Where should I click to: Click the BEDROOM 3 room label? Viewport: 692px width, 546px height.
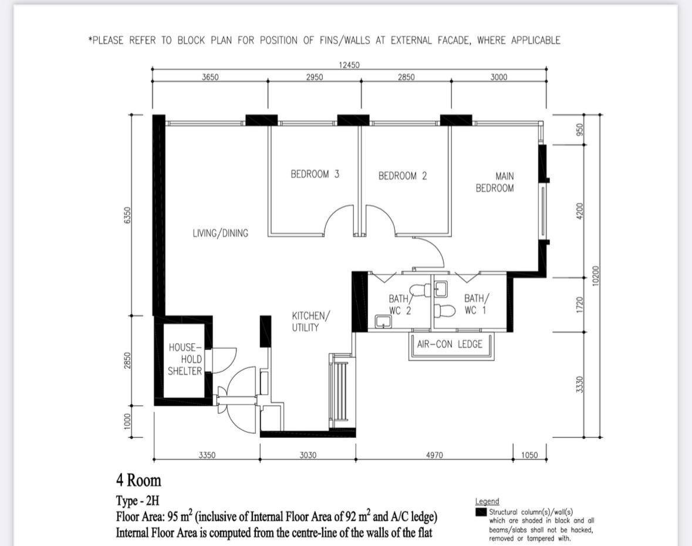coord(315,174)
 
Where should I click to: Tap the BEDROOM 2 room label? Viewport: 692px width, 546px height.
coord(402,176)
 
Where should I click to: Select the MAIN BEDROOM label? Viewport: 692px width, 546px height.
coord(495,182)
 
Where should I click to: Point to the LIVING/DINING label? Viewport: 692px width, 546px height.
coord(220,233)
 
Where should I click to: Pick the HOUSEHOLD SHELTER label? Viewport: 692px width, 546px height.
coord(185,359)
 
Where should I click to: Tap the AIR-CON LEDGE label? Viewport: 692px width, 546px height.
coord(450,344)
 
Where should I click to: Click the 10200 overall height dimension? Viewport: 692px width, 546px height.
coord(596,276)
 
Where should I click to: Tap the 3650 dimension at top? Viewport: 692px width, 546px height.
coord(210,77)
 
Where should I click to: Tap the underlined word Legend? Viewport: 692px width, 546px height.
coord(487,501)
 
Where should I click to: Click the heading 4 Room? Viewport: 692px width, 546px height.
coord(139,480)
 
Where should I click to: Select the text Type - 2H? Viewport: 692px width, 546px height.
coord(137,501)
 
